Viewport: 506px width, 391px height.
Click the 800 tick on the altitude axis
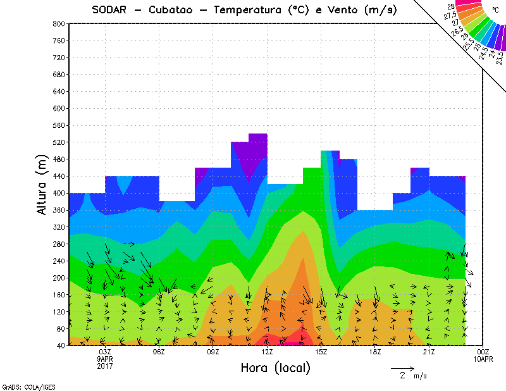59,23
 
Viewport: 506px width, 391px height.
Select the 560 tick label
59,125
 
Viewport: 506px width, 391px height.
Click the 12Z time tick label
268,352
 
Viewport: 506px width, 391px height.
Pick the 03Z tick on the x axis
105,352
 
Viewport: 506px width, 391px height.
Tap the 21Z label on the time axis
429,352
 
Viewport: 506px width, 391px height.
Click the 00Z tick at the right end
483,352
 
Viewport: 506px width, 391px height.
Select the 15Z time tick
321,352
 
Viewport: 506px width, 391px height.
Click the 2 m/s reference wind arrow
402,368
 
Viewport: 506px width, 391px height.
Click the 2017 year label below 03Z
105,365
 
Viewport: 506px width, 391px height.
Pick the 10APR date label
483,358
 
